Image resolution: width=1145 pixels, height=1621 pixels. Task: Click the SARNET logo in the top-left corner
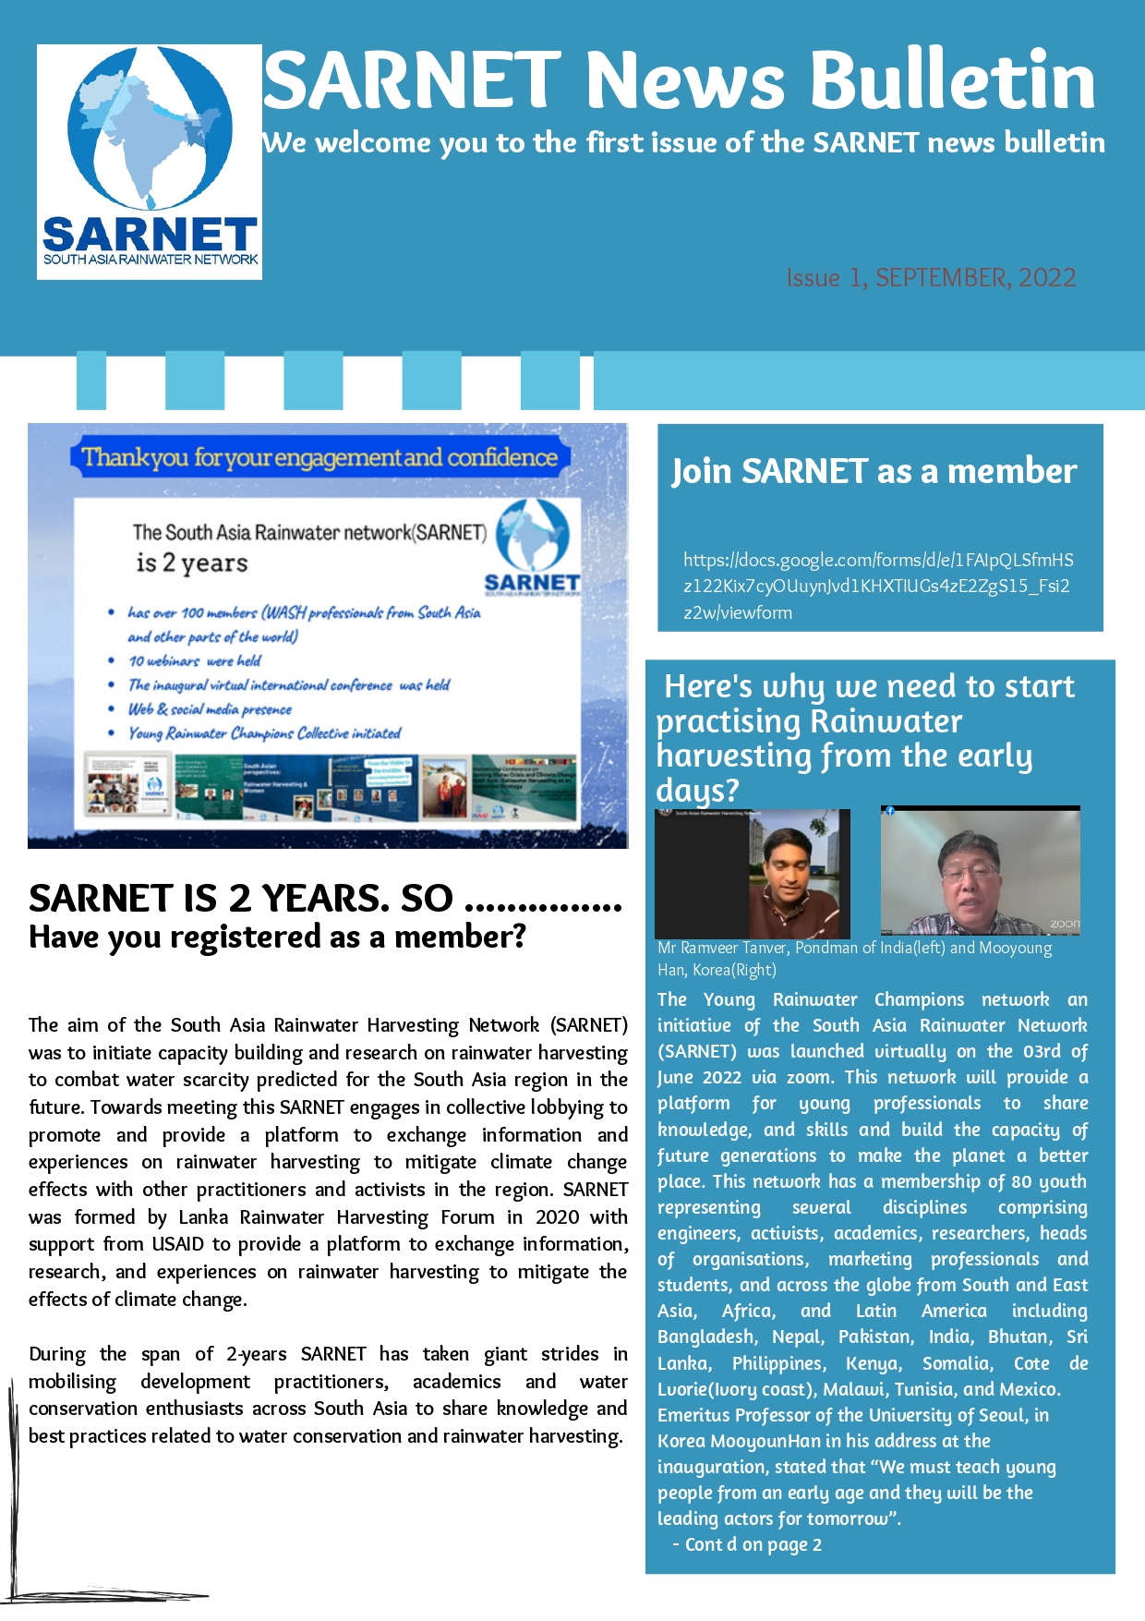[150, 162]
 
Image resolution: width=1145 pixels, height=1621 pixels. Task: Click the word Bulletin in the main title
[953, 81]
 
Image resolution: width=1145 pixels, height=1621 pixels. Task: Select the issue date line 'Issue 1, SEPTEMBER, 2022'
[931, 278]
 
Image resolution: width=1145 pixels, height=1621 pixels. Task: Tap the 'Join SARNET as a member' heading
[874, 472]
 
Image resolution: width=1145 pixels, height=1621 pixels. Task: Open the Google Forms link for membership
[877, 586]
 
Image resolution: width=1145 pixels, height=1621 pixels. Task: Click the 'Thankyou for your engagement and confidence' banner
[319, 458]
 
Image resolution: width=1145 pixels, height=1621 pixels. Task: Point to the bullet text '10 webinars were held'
[195, 661]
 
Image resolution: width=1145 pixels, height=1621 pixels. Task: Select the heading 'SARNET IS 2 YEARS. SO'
[241, 899]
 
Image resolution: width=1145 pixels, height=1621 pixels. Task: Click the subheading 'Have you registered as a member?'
[277, 938]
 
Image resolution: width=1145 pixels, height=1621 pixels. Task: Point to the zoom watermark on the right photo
[1065, 924]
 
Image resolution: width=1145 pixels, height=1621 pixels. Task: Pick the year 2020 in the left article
[557, 1217]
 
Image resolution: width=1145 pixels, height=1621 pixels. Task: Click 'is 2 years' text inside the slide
[192, 563]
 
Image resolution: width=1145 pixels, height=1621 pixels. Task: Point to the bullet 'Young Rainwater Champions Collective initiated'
[265, 733]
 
